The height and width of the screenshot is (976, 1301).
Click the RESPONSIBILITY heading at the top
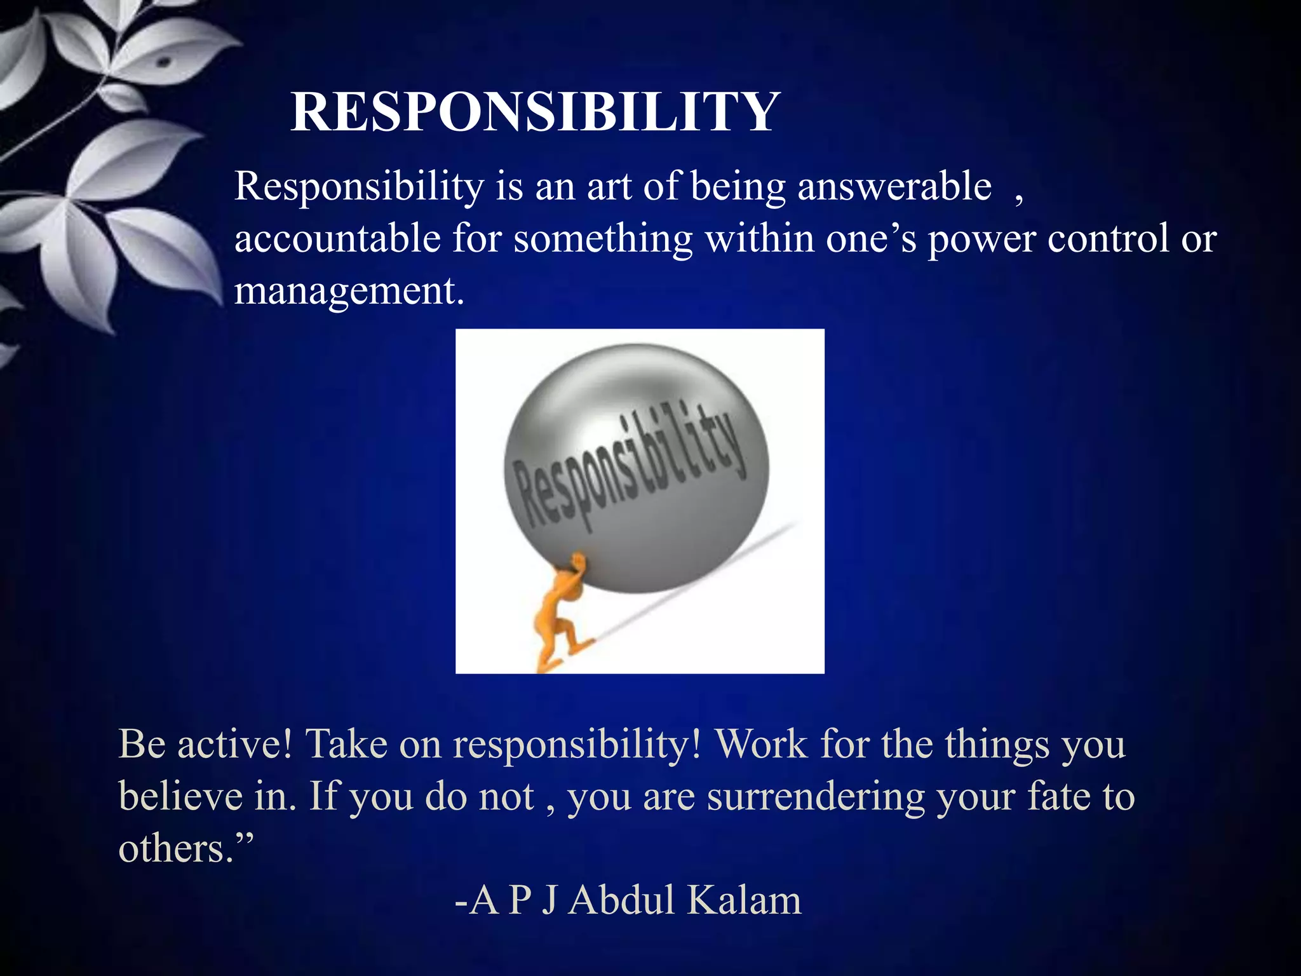click(534, 112)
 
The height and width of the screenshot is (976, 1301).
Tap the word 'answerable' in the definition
click(894, 187)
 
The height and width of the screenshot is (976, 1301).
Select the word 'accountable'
click(337, 239)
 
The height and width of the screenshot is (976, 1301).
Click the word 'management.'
click(349, 291)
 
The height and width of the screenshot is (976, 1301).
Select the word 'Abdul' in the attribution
click(621, 900)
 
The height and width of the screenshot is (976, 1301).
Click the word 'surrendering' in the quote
click(816, 797)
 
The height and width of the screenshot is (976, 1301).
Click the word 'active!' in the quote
click(235, 743)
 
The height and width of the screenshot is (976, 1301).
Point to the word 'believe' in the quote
click(180, 796)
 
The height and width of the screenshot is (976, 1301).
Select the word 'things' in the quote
click(997, 745)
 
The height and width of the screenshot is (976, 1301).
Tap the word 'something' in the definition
click(603, 240)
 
